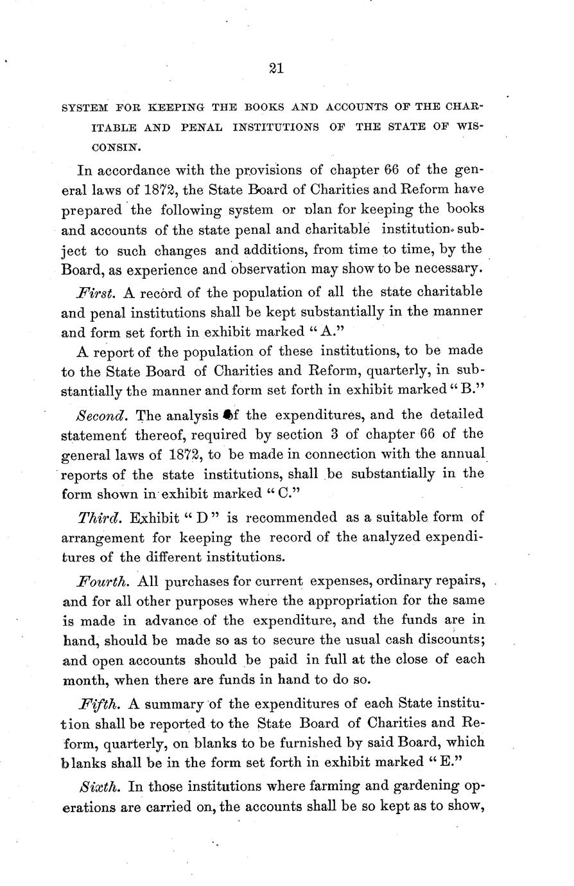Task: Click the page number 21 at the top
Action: pos(277,69)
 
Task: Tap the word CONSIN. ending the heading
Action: pos(115,147)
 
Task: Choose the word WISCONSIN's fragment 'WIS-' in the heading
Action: pos(470,127)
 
